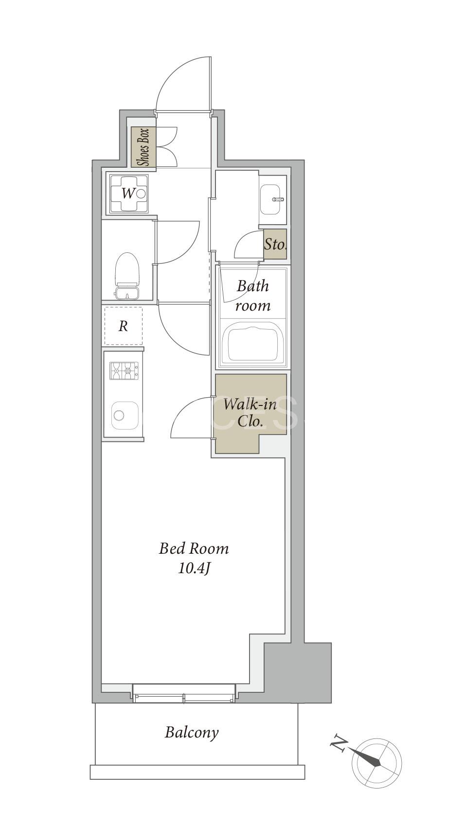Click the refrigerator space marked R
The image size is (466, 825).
tap(124, 326)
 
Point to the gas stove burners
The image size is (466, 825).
tap(124, 371)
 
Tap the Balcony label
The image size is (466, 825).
tap(192, 732)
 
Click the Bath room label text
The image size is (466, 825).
tap(253, 296)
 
